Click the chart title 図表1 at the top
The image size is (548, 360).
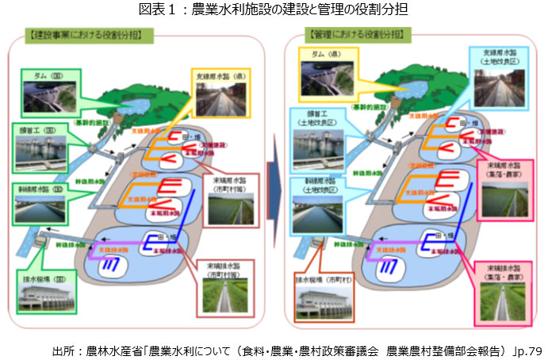[x=274, y=10]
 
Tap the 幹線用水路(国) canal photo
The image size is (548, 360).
[x=43, y=209]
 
